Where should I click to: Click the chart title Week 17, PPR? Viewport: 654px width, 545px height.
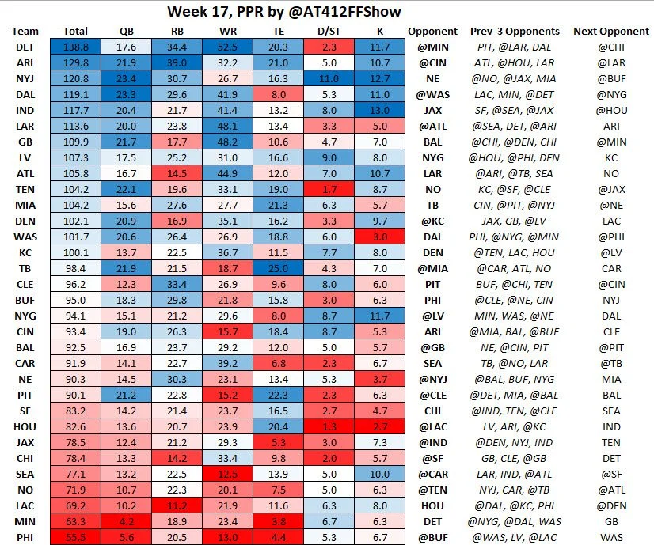293,12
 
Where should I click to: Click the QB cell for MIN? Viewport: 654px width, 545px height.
127,521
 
